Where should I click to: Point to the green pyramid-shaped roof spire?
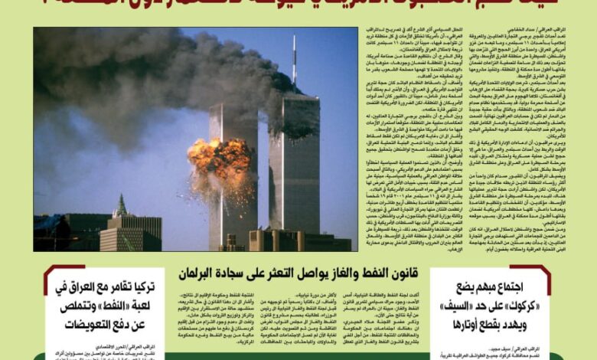(x=120, y=206)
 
